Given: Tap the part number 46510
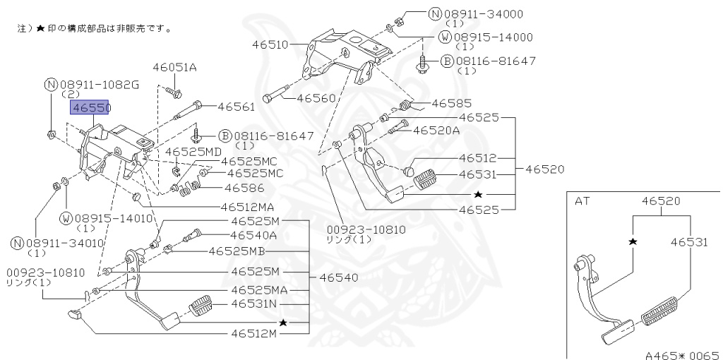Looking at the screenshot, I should coord(270,44).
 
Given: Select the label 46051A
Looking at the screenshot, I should coord(174,67).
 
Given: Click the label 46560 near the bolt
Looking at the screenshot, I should coord(316,98).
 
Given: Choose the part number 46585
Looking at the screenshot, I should coord(451,103).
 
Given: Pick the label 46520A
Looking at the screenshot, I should coord(436,130).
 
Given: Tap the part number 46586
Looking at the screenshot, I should coord(244,188).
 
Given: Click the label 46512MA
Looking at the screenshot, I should coord(246,208).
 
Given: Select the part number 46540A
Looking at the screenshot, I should coord(253,235).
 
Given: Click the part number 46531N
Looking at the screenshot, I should coord(255,304).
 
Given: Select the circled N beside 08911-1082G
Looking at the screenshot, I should coord(51,85).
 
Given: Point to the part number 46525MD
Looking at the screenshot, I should coord(193,152).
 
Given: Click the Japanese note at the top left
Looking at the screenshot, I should coord(95,30).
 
